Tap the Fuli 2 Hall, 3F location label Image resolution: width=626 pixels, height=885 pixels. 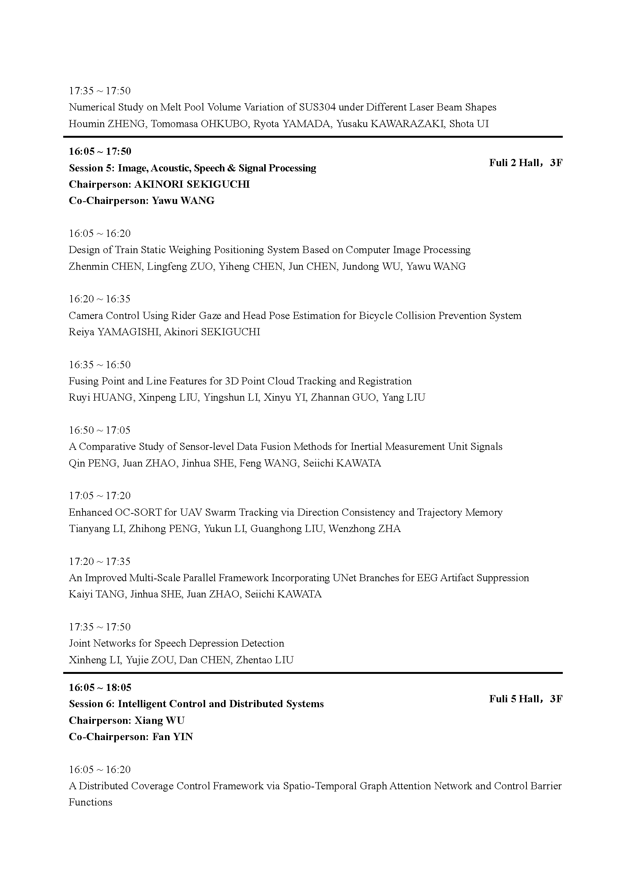click(525, 163)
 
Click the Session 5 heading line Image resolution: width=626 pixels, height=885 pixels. click(192, 168)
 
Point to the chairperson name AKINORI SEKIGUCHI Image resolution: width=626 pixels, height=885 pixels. click(192, 184)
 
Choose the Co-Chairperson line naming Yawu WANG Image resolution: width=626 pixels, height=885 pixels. click(142, 201)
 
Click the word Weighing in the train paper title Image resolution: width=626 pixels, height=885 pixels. click(190, 250)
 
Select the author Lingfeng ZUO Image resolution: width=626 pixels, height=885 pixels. click(180, 266)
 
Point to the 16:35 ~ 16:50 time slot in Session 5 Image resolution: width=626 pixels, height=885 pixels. click(100, 365)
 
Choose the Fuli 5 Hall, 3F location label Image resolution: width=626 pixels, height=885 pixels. click(525, 699)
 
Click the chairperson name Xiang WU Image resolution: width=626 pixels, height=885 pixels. click(159, 720)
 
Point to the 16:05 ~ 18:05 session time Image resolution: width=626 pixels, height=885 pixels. click(100, 687)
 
